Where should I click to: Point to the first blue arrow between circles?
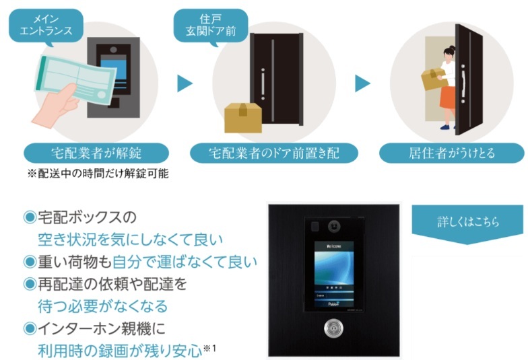[x=185, y=83]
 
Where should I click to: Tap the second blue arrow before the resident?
[x=363, y=83]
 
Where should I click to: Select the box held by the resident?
[x=432, y=79]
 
